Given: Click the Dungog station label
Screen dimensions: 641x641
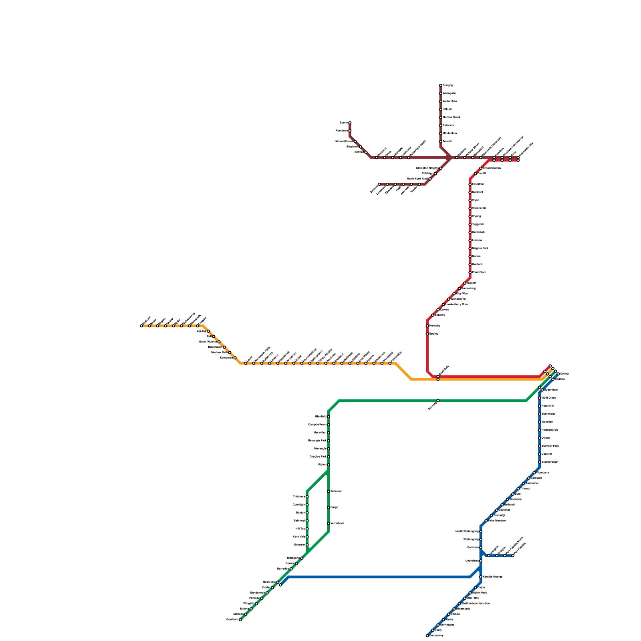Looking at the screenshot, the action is point(447,85).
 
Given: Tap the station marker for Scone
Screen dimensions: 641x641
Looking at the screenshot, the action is point(350,123).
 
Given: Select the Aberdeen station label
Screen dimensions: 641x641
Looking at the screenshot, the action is point(341,131).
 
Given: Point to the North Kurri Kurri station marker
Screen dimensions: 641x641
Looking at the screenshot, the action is point(430,179).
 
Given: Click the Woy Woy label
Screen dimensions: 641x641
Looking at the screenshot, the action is point(462,294).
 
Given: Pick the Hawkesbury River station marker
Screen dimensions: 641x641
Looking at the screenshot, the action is point(443,304).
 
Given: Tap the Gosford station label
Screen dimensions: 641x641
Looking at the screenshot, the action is point(477,264).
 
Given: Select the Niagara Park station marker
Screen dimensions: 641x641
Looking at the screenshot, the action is point(470,248).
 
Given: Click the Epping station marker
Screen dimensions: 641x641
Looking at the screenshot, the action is point(427,334).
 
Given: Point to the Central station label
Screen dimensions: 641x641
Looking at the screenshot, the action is point(564,374).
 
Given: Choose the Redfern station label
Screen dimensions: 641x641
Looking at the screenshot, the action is point(560,379).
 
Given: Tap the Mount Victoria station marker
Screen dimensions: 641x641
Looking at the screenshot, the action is point(219,342).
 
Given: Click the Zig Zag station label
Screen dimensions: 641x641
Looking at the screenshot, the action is point(201,331).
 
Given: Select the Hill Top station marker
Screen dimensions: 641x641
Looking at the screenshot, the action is point(307,529).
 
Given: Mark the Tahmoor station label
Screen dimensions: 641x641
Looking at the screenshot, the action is point(336,492).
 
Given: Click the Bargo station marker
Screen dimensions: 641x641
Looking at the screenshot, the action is point(329,508).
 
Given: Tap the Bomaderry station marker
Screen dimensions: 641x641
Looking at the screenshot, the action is point(427,635).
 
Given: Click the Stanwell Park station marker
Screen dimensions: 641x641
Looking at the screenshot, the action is point(540,446).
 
